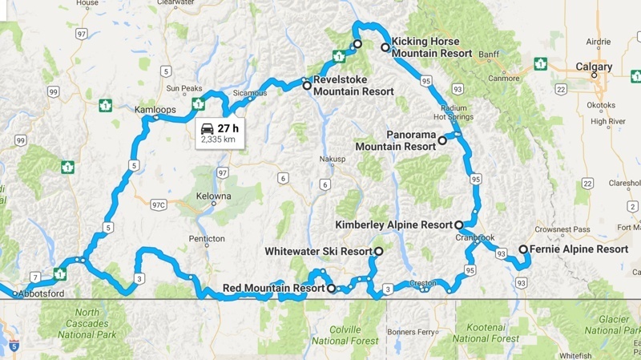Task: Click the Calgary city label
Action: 594,67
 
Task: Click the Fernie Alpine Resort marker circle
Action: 523,249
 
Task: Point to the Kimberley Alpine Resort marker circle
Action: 458,225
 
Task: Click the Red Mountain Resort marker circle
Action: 330,287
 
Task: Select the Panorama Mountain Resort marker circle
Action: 441,140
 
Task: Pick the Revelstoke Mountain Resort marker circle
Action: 306,85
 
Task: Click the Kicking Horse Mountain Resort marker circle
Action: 385,47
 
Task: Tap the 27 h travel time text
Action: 229,127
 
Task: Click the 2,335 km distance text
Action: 218,140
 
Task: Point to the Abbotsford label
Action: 45,293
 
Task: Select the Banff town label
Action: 488,55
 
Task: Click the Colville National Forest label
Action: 345,334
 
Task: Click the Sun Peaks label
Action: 184,87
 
